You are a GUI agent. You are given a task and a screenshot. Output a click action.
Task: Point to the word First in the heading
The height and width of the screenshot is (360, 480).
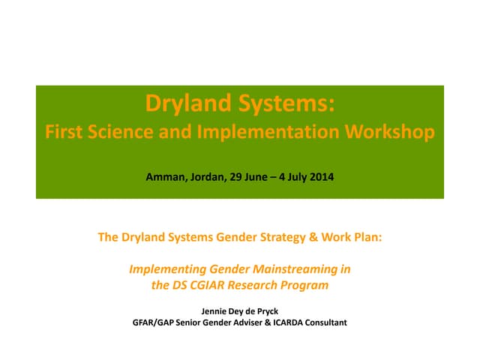[x=64, y=133]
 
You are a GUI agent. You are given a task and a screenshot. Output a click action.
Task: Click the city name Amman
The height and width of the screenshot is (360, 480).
[x=165, y=178]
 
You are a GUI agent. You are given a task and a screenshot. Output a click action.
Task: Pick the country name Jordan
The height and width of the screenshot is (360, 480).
[x=205, y=178]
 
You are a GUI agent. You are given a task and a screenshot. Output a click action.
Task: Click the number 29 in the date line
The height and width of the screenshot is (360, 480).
[x=233, y=178]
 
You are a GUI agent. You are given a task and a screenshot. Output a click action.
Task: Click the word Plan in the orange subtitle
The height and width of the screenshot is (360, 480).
[x=365, y=238]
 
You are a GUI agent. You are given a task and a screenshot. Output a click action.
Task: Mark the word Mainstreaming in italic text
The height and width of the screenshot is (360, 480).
[x=307, y=268]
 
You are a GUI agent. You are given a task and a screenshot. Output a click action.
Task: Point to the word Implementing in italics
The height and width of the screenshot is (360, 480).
[x=163, y=268]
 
